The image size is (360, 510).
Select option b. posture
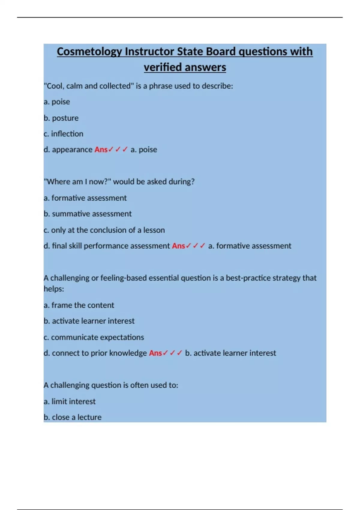coord(61,118)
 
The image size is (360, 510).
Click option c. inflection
coord(63,134)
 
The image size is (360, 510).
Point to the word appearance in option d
coord(72,150)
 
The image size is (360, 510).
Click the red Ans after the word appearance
coord(101,150)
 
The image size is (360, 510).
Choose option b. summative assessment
coord(88,214)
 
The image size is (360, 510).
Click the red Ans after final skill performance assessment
coord(178,246)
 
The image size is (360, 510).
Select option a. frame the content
coord(79,305)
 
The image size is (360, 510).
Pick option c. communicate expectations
coord(94,337)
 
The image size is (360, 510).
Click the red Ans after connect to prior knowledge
coord(155,353)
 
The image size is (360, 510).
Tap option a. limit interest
coord(70,401)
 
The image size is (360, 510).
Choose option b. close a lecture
coord(73,417)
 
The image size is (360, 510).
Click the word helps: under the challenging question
coord(54,289)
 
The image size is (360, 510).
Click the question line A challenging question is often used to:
coord(111,385)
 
